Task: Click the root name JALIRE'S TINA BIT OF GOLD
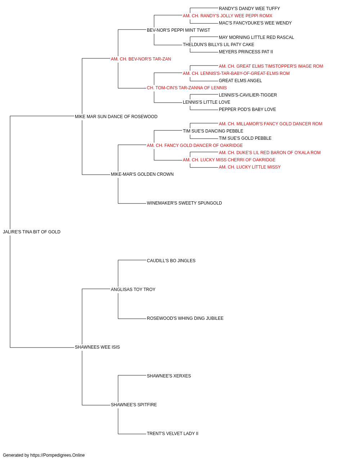pyautogui.click(x=32, y=232)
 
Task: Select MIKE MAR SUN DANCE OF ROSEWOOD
pyautogui.click(x=116, y=117)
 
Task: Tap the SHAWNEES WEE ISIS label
pyautogui.click(x=97, y=347)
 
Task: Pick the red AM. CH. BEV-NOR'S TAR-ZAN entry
pyautogui.click(x=141, y=59)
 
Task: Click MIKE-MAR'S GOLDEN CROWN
pyautogui.click(x=142, y=174)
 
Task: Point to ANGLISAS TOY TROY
pyautogui.click(x=133, y=290)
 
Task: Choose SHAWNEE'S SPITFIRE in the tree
pyautogui.click(x=134, y=405)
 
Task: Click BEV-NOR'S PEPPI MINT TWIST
pyautogui.click(x=178, y=30)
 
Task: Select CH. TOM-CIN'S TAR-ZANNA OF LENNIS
pyautogui.click(x=186, y=88)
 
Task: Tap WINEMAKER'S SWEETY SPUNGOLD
pyautogui.click(x=184, y=203)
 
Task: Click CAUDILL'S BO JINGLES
pyautogui.click(x=171, y=261)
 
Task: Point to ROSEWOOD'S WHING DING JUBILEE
pyautogui.click(x=185, y=318)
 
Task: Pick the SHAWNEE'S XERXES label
pyautogui.click(x=169, y=376)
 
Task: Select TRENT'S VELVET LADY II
pyautogui.click(x=172, y=434)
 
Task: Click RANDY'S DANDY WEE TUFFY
pyautogui.click(x=249, y=9)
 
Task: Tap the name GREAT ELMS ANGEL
pyautogui.click(x=240, y=81)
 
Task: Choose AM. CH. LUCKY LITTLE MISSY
pyautogui.click(x=249, y=167)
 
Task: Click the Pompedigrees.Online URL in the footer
pyautogui.click(x=57, y=455)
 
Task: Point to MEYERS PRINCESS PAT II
pyautogui.click(x=246, y=52)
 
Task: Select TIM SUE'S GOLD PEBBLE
pyautogui.click(x=245, y=138)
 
